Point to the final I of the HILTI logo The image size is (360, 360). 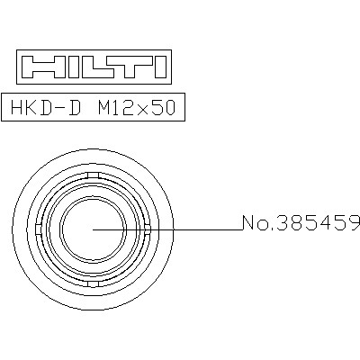(161, 67)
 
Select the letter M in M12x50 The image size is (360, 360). (105, 108)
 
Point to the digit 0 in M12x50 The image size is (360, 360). (169, 108)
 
